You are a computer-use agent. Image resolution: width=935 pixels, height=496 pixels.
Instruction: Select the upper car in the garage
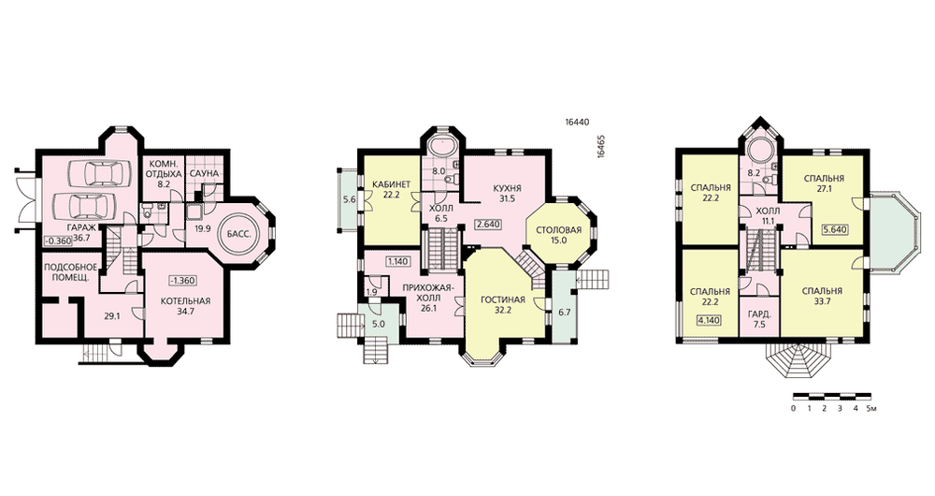[96, 173]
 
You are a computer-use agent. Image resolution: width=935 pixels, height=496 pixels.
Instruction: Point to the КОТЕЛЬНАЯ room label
[185, 300]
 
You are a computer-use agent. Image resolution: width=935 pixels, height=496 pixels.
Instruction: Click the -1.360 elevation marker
[182, 281]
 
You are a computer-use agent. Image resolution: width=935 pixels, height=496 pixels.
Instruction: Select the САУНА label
[205, 174]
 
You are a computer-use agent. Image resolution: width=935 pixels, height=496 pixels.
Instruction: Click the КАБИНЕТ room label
[391, 184]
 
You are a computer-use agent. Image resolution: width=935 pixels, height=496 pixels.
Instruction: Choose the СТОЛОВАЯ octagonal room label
[558, 231]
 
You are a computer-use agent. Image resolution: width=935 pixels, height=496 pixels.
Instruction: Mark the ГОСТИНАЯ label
[503, 299]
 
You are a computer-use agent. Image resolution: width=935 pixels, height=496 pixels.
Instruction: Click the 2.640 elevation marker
[488, 225]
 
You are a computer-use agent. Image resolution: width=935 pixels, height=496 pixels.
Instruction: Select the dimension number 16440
[577, 122]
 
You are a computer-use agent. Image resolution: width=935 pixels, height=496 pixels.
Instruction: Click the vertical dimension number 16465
[601, 145]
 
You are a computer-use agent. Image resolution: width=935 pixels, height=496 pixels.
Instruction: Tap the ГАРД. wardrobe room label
[759, 314]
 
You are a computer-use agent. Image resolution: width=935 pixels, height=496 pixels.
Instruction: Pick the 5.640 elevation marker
[835, 230]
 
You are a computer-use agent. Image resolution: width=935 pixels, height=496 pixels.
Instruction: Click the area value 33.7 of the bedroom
[822, 301]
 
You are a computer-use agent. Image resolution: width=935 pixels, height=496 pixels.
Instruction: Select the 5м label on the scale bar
[871, 409]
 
